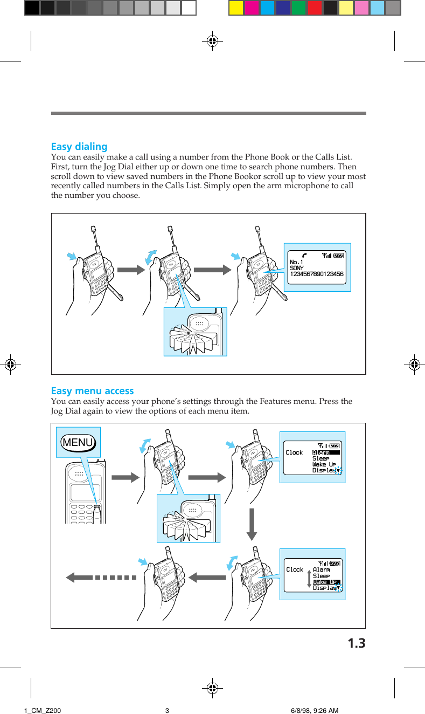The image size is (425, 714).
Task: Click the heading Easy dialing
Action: click(79, 147)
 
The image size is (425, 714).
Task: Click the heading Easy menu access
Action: click(92, 391)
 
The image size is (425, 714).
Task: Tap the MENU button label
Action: click(78, 443)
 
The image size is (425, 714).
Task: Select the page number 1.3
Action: click(356, 643)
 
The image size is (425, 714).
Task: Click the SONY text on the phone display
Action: click(297, 268)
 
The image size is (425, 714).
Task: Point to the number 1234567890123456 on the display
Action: click(316, 274)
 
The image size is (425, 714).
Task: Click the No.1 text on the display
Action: click(297, 263)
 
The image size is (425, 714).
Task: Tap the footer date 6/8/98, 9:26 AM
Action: click(314, 710)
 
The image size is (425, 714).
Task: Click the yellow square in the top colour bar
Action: click(236, 8)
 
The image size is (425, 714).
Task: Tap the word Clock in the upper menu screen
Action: click(294, 452)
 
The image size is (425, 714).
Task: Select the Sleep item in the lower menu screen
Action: click(321, 576)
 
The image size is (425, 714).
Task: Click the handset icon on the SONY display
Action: click(305, 255)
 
